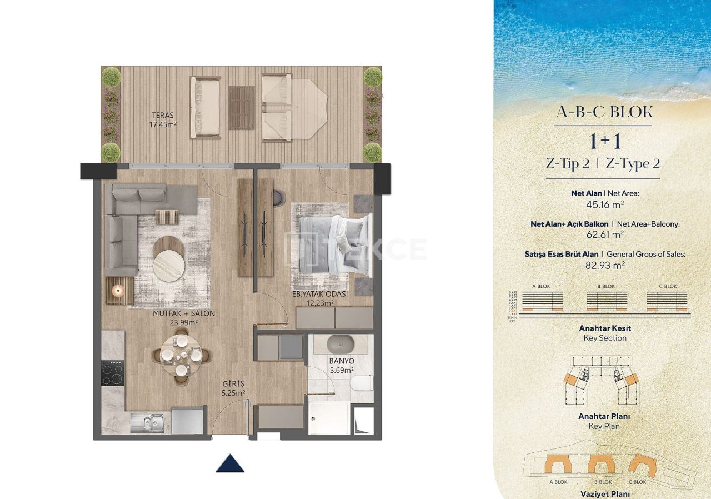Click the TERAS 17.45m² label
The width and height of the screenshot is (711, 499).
163,120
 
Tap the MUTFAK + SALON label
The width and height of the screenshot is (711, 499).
184,317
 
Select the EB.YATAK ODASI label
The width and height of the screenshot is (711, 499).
320,298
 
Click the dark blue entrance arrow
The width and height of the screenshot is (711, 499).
230,463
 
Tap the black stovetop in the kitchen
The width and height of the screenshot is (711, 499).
113,372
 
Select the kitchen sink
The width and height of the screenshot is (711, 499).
147,422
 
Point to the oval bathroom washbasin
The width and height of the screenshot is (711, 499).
339,343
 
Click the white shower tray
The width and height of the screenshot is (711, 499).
329,418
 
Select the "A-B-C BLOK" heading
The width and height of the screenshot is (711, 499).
604,112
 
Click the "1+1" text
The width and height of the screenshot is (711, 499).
605,141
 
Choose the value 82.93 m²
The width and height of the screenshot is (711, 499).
605,266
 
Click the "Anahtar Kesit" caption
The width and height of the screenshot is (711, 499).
605,328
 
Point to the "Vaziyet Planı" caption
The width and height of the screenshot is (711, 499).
605,493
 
